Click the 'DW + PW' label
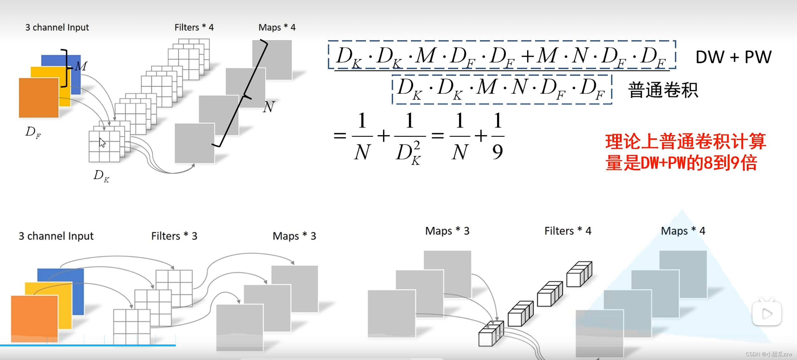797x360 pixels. click(733, 57)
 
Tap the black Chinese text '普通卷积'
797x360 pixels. click(663, 90)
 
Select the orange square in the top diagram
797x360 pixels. click(38, 98)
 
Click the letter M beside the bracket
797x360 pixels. click(81, 66)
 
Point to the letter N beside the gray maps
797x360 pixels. click(269, 107)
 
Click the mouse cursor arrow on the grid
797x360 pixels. click(102, 143)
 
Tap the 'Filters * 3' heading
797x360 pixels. click(174, 236)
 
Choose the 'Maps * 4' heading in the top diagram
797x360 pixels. click(277, 28)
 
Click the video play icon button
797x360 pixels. click(767, 313)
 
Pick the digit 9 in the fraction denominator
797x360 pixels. click(497, 152)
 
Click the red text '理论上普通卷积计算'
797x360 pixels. click(685, 141)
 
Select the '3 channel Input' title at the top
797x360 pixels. click(57, 28)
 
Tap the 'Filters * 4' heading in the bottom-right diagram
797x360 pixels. click(568, 231)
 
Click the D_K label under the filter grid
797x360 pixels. click(101, 176)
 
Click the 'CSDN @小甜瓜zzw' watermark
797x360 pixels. click(768, 354)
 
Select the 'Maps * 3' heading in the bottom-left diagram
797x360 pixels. click(294, 236)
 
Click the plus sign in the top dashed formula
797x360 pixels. click(528, 56)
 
